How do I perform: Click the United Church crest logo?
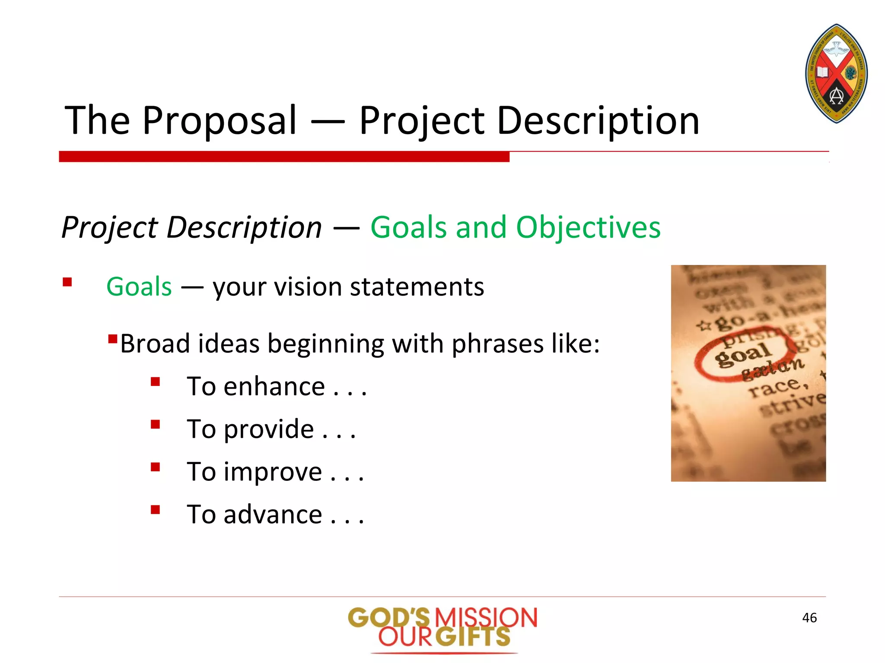(837, 73)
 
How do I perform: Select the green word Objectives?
(588, 227)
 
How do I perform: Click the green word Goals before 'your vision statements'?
(139, 287)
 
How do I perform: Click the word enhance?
(274, 386)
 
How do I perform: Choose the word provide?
(268, 429)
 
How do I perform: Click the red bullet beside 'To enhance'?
(156, 382)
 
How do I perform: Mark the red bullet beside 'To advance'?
(156, 510)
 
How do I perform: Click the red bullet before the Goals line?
(67, 282)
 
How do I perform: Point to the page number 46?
(809, 618)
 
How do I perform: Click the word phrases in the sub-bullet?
(497, 344)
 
